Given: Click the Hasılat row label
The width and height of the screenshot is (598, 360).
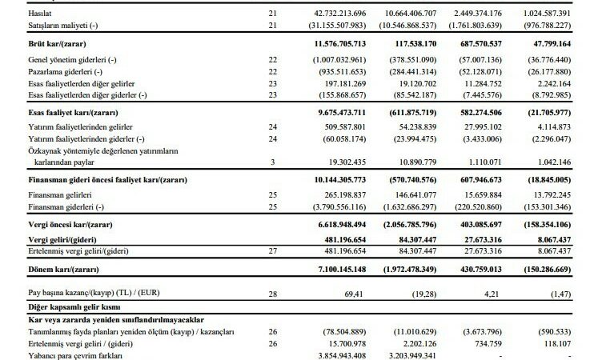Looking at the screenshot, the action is click(40, 14).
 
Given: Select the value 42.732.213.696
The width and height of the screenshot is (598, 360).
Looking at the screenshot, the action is click(339, 14).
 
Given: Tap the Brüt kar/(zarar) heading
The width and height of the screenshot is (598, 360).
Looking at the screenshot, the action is click(57, 44).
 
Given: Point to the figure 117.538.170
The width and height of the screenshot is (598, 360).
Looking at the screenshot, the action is click(415, 44).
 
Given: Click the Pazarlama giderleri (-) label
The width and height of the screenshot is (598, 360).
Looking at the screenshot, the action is click(65, 72).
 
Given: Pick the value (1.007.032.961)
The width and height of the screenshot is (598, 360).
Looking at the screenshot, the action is click(339, 60).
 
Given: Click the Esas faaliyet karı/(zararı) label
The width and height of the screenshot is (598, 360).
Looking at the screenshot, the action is click(73, 113).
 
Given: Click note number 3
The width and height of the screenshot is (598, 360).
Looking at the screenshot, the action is click(272, 162).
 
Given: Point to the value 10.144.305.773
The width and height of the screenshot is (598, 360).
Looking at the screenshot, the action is click(339, 180).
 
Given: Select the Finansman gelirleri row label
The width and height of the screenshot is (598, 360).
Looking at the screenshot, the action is click(60, 195).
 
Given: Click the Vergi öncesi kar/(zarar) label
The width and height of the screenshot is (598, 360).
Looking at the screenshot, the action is click(70, 225).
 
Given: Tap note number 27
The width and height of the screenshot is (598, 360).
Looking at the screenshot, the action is click(272, 251).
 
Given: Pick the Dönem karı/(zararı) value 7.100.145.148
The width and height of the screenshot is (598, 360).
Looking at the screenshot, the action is click(342, 270).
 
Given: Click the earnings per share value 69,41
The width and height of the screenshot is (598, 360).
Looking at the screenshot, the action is click(354, 294).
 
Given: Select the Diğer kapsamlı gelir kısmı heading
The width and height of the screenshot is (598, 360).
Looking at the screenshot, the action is click(74, 307).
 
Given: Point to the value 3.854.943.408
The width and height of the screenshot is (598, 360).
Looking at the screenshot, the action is click(342, 356).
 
